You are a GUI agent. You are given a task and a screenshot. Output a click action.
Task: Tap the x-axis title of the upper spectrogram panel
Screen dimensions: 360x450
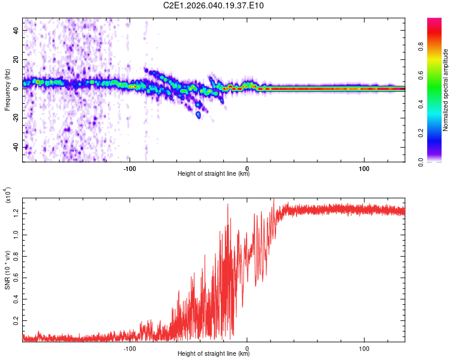pos(214,174)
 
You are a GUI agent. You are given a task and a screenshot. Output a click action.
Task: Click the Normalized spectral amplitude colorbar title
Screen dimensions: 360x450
pos(446,90)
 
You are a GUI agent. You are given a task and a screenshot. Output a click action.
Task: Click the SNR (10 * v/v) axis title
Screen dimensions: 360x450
pos(7,269)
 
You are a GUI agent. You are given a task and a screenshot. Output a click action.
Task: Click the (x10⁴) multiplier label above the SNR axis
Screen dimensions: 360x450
pos(8,196)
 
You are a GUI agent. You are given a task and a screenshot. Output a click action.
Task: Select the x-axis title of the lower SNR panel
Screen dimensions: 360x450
pos(214,354)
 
